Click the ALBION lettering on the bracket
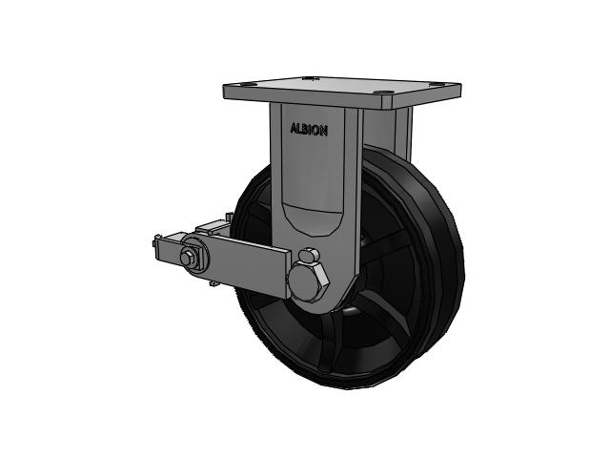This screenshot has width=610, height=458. point(309,130)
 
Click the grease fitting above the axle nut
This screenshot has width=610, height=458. point(309,255)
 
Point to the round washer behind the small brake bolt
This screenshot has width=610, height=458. point(194,256)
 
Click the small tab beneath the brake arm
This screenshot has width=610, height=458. point(213,283)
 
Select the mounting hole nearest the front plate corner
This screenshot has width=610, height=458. point(385,94)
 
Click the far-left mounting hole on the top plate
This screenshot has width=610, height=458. point(248,84)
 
